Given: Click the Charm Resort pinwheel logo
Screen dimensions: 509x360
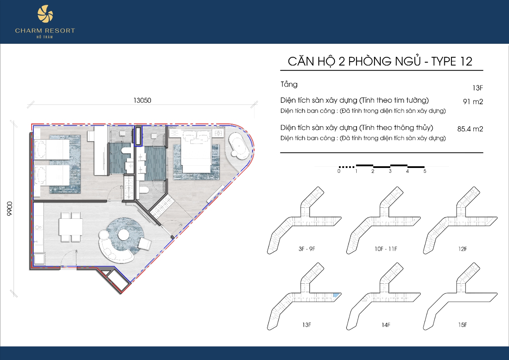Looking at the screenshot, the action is (x=45, y=14).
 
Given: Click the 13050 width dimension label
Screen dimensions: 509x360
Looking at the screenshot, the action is (x=142, y=100).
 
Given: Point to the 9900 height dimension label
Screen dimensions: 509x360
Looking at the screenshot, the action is (x=9, y=209).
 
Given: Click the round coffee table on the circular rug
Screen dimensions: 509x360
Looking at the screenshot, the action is (x=124, y=234).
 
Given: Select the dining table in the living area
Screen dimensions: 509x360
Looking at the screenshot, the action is (x=71, y=227).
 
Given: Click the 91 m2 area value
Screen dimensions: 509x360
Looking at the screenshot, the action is (x=473, y=101).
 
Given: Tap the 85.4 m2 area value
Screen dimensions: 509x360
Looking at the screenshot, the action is (x=470, y=129).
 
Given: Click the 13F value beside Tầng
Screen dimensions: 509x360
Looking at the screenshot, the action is (x=478, y=88).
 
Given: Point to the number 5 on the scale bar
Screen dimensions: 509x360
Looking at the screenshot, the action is (x=425, y=171).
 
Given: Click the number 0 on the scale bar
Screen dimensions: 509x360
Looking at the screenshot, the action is (x=339, y=171).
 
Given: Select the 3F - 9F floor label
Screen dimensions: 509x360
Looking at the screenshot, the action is (x=307, y=249).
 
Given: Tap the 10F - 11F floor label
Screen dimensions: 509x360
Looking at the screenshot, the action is (x=386, y=249).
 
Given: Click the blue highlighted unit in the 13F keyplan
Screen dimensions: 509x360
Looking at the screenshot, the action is (x=336, y=295).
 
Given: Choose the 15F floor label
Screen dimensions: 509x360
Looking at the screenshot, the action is (x=463, y=325).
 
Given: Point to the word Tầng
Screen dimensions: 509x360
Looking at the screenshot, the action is (x=289, y=84).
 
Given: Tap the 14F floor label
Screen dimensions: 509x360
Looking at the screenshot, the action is (x=386, y=325).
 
